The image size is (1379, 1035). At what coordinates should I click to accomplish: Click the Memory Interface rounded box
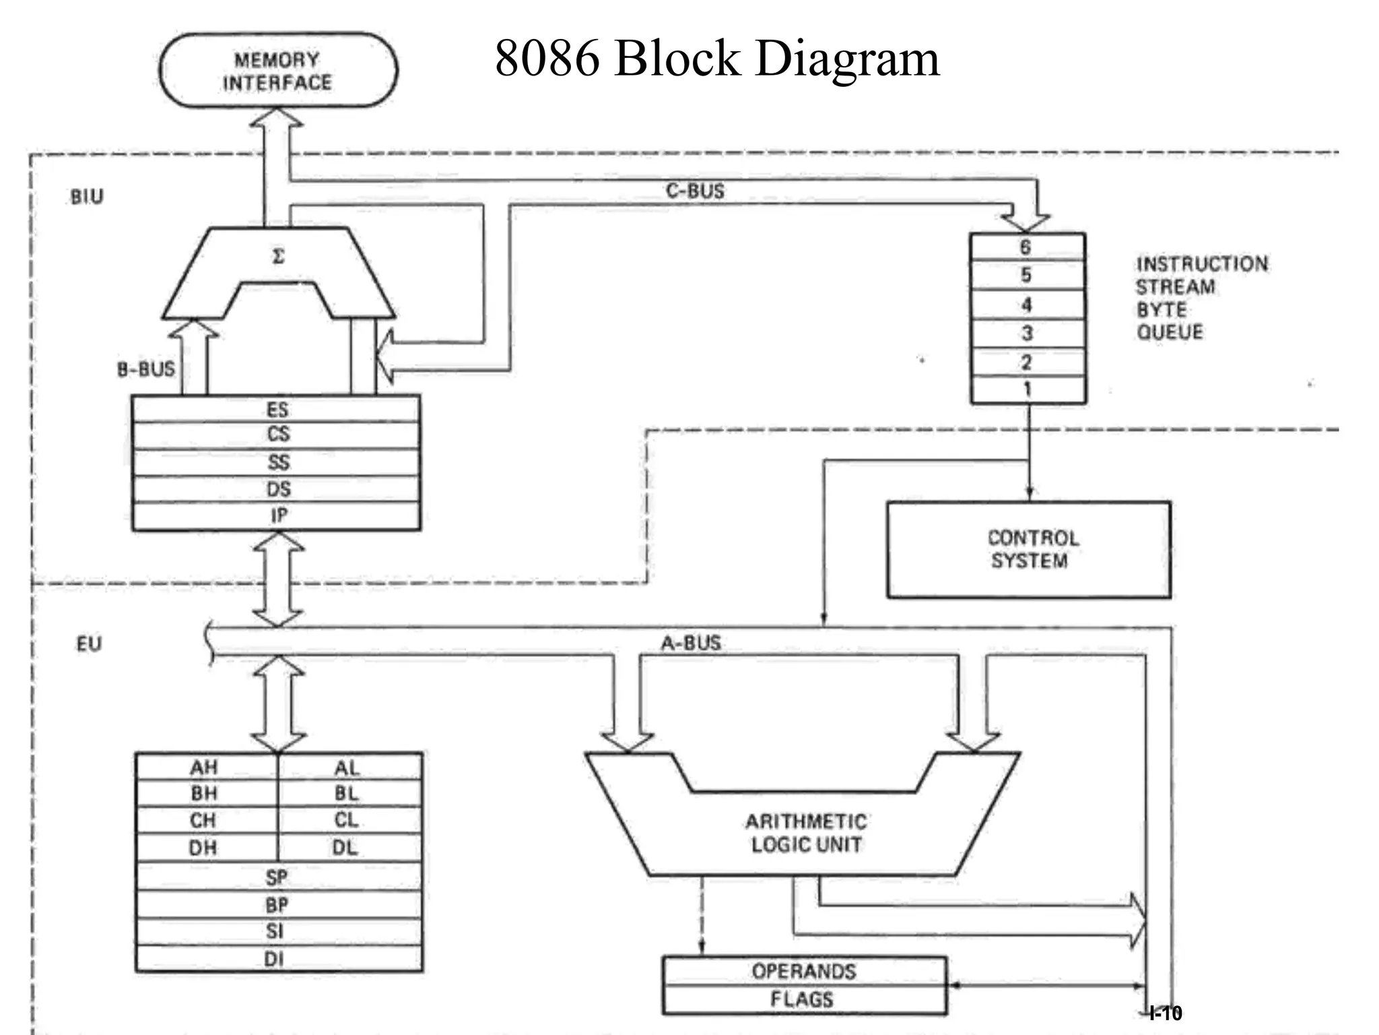(277, 71)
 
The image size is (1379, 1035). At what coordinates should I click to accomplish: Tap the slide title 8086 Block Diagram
(716, 59)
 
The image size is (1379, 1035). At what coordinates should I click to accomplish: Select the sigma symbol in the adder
(278, 257)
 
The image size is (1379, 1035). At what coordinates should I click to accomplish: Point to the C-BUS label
(695, 191)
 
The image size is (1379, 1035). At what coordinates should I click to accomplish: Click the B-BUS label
(145, 369)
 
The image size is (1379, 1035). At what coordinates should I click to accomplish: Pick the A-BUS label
(691, 644)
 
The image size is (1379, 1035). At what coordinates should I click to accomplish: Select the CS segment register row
(277, 435)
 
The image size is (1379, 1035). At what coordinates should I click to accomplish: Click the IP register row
(277, 516)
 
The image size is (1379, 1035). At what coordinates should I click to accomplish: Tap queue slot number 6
(1026, 247)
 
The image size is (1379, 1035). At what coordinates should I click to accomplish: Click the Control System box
(1028, 550)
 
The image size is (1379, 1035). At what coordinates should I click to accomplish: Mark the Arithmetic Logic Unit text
(806, 834)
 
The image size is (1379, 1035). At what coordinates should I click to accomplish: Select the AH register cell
(204, 767)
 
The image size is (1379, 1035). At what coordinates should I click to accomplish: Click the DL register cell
(346, 848)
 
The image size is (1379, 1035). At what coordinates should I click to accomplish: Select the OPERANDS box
(803, 972)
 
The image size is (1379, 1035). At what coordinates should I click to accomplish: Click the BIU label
(88, 197)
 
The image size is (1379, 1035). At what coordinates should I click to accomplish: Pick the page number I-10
(1166, 1013)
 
